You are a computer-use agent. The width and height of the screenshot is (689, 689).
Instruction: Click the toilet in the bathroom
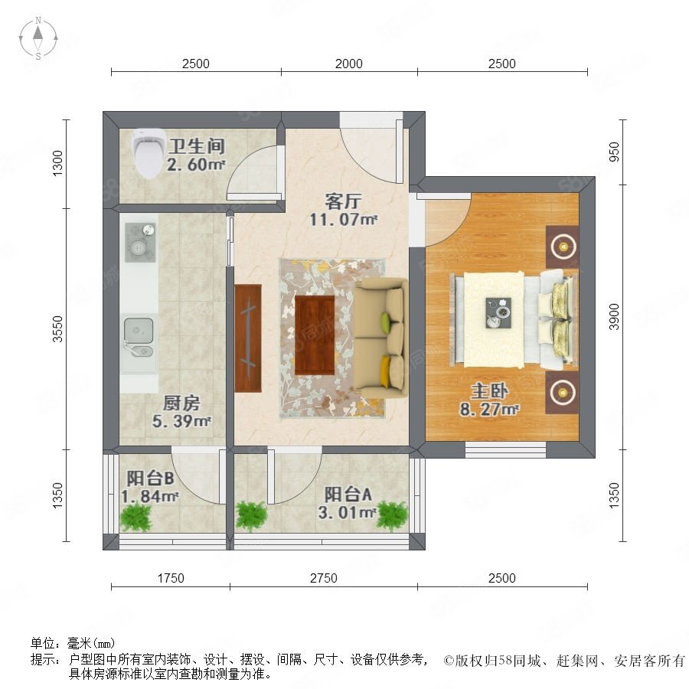(149, 153)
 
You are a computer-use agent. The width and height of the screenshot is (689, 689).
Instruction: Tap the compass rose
(38, 38)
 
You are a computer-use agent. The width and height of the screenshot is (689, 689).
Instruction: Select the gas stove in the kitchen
(141, 242)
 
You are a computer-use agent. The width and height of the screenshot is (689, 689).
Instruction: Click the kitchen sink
(139, 337)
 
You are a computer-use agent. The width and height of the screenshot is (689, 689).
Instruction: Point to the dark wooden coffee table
(315, 335)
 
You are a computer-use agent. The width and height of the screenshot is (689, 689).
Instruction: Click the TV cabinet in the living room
(248, 338)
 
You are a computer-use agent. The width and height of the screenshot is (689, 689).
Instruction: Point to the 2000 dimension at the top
(349, 64)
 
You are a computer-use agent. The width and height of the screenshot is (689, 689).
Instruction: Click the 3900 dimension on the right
(614, 317)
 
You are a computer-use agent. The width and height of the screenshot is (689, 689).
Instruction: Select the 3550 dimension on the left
(57, 328)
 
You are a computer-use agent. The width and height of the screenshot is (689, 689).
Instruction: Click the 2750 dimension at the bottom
(324, 578)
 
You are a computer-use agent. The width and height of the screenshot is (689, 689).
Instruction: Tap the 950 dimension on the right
(614, 152)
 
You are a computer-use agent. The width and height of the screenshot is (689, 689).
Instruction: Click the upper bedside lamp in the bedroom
(562, 247)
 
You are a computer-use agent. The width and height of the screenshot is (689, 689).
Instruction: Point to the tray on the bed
(498, 312)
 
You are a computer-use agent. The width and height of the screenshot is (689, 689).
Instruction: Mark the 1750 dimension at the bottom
(171, 578)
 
